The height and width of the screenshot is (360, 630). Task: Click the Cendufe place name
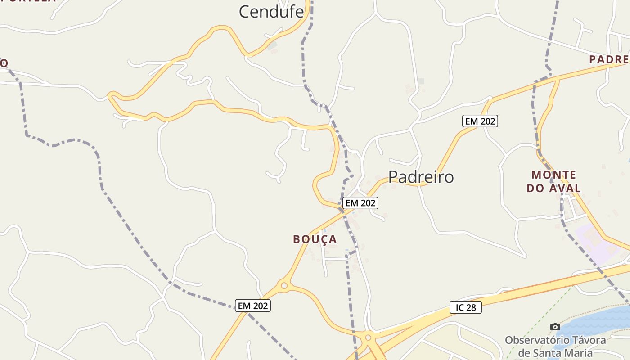[271, 12]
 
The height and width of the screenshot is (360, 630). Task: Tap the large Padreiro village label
[421, 177]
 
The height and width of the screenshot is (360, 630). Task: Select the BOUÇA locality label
[315, 239]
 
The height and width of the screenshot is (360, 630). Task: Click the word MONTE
[553, 175]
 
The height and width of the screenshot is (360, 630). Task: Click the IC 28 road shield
[466, 308]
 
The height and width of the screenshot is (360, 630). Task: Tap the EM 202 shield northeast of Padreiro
[480, 121]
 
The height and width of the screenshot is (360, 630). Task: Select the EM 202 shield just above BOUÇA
[360, 203]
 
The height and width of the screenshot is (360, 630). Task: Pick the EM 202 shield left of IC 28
[253, 306]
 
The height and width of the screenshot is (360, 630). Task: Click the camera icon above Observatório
[555, 327]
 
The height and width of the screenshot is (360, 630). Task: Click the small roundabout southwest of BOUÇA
[284, 285]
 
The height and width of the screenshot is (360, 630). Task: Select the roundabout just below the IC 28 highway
[368, 337]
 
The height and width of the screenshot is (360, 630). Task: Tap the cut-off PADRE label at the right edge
[609, 59]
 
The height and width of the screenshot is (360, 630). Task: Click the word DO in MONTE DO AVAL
[535, 188]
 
